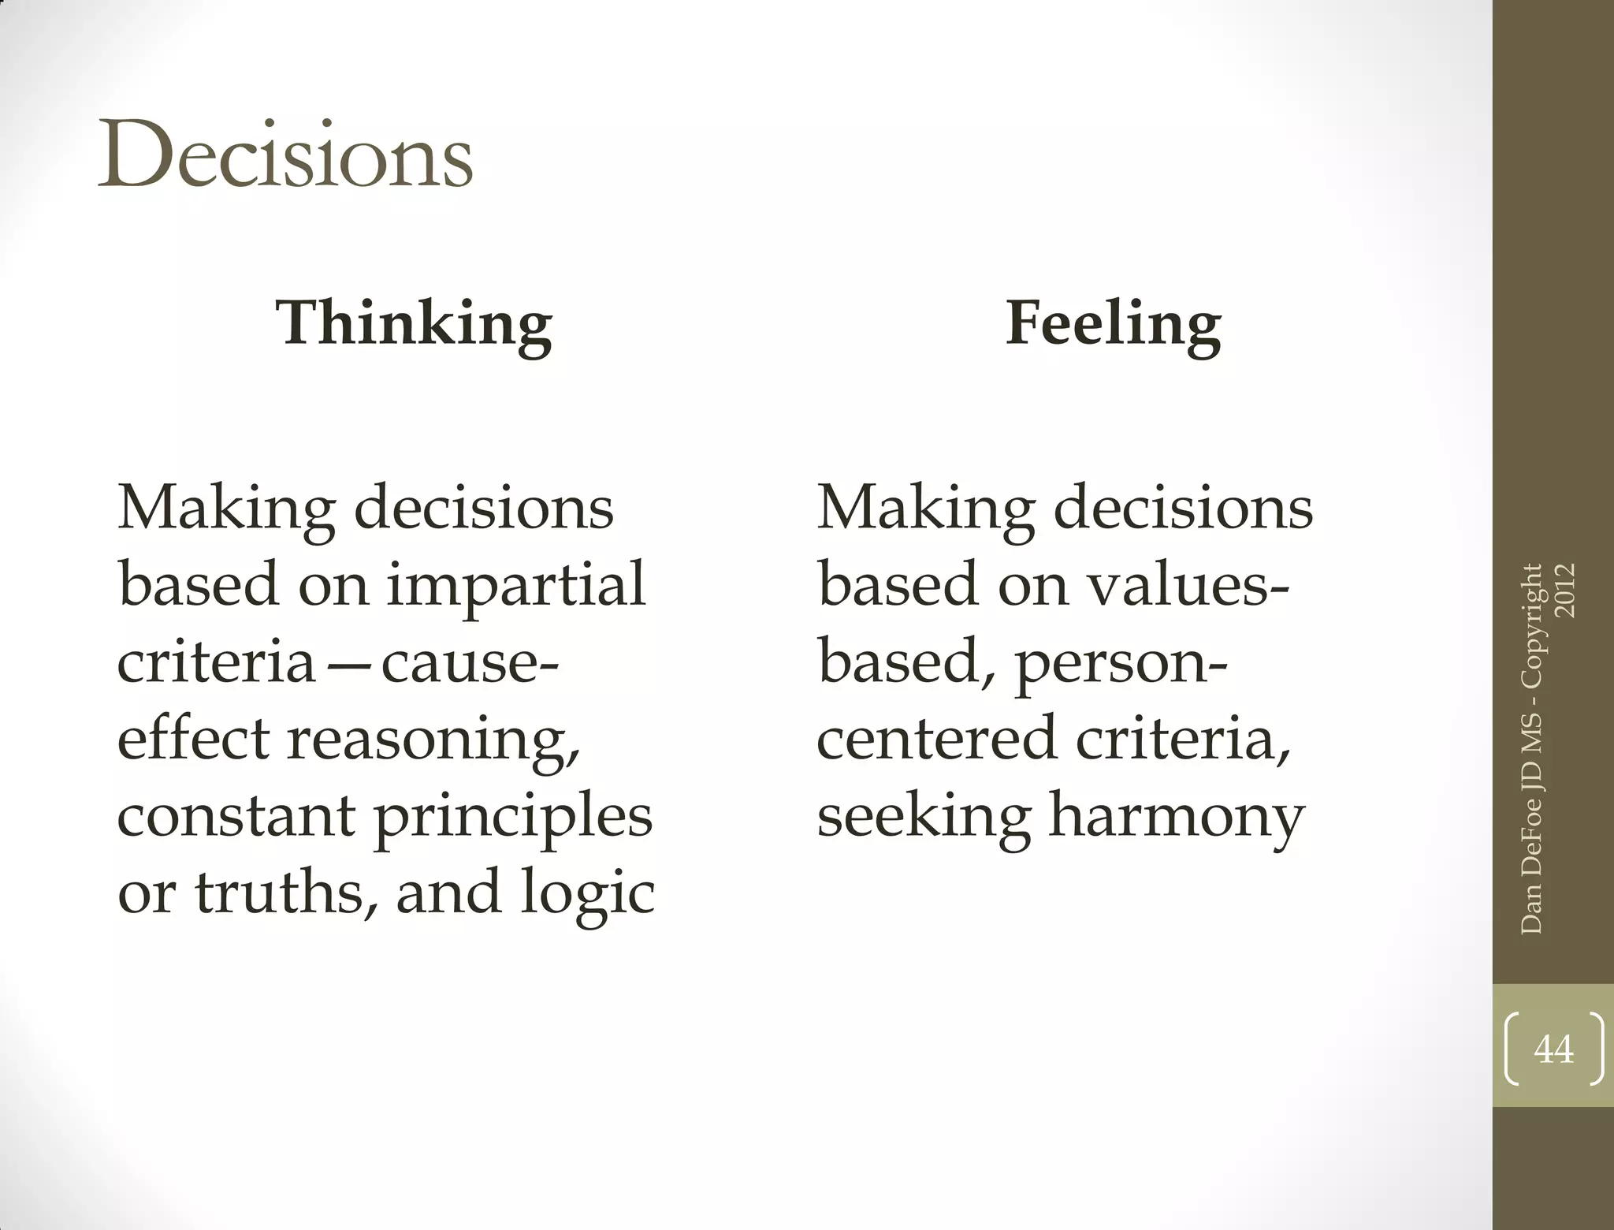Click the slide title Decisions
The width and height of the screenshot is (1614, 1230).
tap(284, 155)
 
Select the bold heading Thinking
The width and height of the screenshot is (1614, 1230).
tap(414, 323)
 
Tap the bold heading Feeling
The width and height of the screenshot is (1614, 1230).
tap(1113, 323)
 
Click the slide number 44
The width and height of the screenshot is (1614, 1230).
tap(1553, 1049)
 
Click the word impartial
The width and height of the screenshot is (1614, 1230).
tap(516, 585)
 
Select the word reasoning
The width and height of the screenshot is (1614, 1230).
tap(433, 740)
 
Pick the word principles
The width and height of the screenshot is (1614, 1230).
tap(513, 817)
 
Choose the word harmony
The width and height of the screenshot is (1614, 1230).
tap(1176, 817)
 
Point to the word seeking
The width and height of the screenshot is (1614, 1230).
tap(924, 817)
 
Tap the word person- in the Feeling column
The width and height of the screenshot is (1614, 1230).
tap(1121, 662)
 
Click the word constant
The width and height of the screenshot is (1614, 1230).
tap(236, 817)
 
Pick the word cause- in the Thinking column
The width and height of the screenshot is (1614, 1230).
tap(470, 662)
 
